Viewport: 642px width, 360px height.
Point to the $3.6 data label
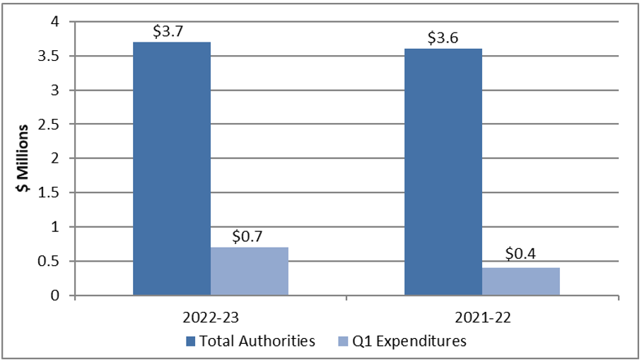[443, 38]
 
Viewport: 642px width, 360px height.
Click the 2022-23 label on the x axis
[211, 317]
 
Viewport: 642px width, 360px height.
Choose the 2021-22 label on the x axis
[482, 317]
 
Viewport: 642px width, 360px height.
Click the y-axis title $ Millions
[23, 158]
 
